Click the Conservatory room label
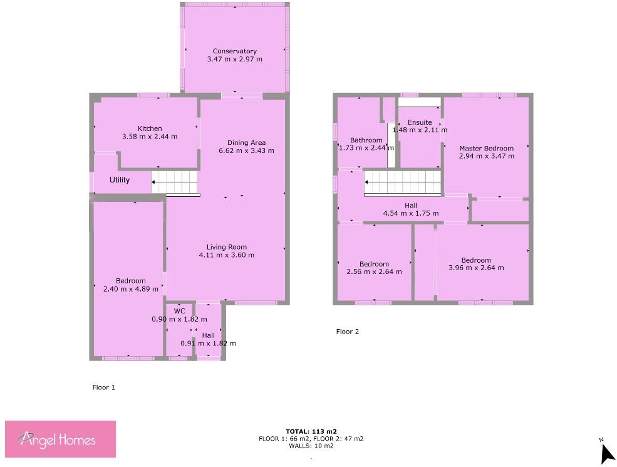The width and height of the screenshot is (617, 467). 234,51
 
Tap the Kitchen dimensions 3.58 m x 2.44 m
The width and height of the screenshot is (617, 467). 150,137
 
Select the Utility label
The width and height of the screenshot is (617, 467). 120,181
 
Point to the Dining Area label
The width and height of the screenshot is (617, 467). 246,142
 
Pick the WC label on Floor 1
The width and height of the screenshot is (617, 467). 179,311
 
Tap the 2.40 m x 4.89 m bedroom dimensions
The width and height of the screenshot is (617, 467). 130,289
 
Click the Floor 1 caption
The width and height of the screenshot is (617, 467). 103,387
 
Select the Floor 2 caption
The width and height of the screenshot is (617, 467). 348,332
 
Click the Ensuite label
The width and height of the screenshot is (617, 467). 419,122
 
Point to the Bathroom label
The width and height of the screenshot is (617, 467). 366,140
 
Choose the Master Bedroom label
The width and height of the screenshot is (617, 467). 486,149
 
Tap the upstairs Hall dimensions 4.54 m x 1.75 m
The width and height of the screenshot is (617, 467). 411,214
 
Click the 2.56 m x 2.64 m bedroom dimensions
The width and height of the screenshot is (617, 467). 374,272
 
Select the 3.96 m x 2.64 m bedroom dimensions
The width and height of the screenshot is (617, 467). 476,268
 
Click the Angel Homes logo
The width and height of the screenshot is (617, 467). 61,439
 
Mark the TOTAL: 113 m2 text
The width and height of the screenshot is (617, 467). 311,431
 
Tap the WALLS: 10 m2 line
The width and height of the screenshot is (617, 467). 311,446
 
